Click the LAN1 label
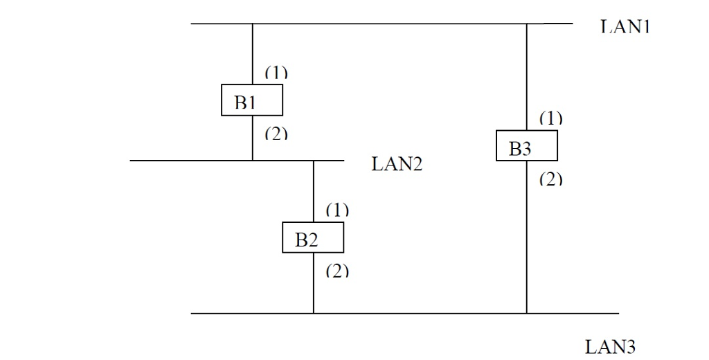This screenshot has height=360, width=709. coord(625,27)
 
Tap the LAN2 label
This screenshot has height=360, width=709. coord(397,164)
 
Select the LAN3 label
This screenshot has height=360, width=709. coord(610,346)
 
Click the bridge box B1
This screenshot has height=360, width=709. coord(252,100)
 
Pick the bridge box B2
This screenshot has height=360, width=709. coord(313,237)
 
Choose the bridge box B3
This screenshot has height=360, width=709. coord(527,145)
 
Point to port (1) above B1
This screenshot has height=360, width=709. coord(276,72)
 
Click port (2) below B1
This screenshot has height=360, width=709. coord(276,133)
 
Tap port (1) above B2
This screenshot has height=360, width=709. coord(337,210)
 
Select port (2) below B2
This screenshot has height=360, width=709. coord(337,271)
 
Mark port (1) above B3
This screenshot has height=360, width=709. coord(550,118)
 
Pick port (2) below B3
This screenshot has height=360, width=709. coord(550,179)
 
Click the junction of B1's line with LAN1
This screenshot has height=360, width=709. coord(252,24)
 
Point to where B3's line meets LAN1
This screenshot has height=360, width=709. coord(527,24)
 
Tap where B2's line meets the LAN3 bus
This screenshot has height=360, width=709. coord(314,313)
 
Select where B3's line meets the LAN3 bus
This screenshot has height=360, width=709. coord(527,313)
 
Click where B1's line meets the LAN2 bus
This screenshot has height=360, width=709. coord(252,161)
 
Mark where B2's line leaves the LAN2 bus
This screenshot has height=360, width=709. coord(314,161)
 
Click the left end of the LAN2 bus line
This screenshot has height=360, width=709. coord(131,161)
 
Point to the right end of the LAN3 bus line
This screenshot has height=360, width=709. coord(618,313)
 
